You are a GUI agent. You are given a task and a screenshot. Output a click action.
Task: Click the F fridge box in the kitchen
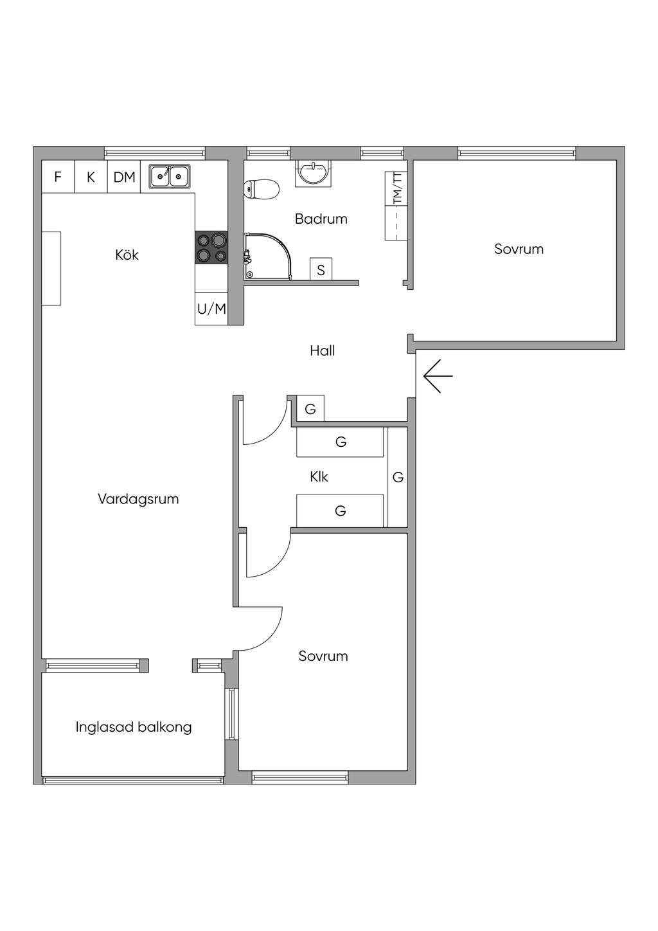pos(58,177)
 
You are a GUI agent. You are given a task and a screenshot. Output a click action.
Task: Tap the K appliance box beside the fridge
pos(91,177)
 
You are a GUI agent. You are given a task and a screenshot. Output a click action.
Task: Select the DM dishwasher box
pos(124,177)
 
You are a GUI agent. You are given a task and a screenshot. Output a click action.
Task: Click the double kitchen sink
pos(170,176)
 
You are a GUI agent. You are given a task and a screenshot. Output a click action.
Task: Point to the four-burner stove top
pos(211,248)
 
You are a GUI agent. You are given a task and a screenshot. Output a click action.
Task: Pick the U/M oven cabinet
pos(211,309)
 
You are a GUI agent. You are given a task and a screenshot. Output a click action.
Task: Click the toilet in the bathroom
pos(262,190)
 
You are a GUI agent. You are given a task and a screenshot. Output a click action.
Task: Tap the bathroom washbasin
pos(314,174)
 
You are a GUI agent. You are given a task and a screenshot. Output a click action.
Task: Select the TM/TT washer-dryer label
pos(398,188)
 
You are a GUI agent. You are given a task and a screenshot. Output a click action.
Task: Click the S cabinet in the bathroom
pos(321,269)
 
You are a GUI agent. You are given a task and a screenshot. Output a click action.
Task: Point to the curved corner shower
pos(269,256)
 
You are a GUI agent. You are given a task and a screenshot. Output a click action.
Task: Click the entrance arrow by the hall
pos(438,376)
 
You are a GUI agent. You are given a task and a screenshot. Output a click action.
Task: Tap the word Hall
pos(323,351)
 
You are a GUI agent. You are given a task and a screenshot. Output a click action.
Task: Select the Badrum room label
pos(321,219)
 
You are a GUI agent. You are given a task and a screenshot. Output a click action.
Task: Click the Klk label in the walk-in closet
pos(319,476)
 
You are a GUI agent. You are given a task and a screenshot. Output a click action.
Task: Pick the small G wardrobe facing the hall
pos(310,409)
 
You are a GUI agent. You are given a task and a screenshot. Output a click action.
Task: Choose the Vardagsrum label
pos(138,499)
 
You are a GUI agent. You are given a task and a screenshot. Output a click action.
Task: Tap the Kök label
pos(127,255)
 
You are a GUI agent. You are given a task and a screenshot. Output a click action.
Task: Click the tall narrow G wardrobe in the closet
pos(398,477)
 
